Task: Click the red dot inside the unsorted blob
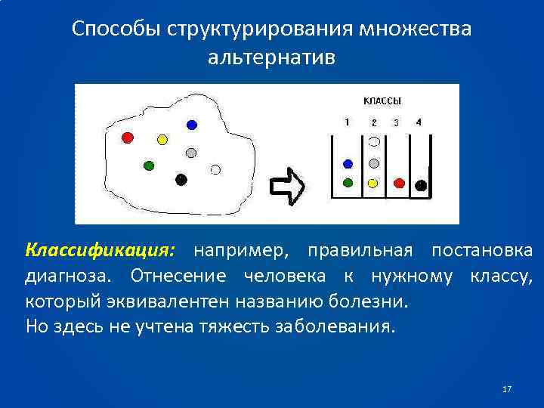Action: tap(128, 138)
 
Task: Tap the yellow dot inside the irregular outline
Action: tap(162, 140)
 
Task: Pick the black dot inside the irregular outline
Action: tap(181, 179)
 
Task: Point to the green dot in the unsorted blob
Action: tap(149, 165)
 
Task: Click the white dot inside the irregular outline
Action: tap(215, 170)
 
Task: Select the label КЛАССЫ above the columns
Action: tap(382, 100)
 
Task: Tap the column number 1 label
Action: tap(346, 122)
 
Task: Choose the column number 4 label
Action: tap(419, 122)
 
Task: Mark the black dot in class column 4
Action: tap(421, 184)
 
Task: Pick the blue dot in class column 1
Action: tap(348, 163)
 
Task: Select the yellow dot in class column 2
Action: tap(372, 183)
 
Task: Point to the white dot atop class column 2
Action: tap(373, 141)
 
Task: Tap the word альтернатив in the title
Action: tap(271, 57)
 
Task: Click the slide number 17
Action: tap(506, 389)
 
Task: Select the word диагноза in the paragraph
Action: tap(71, 276)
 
